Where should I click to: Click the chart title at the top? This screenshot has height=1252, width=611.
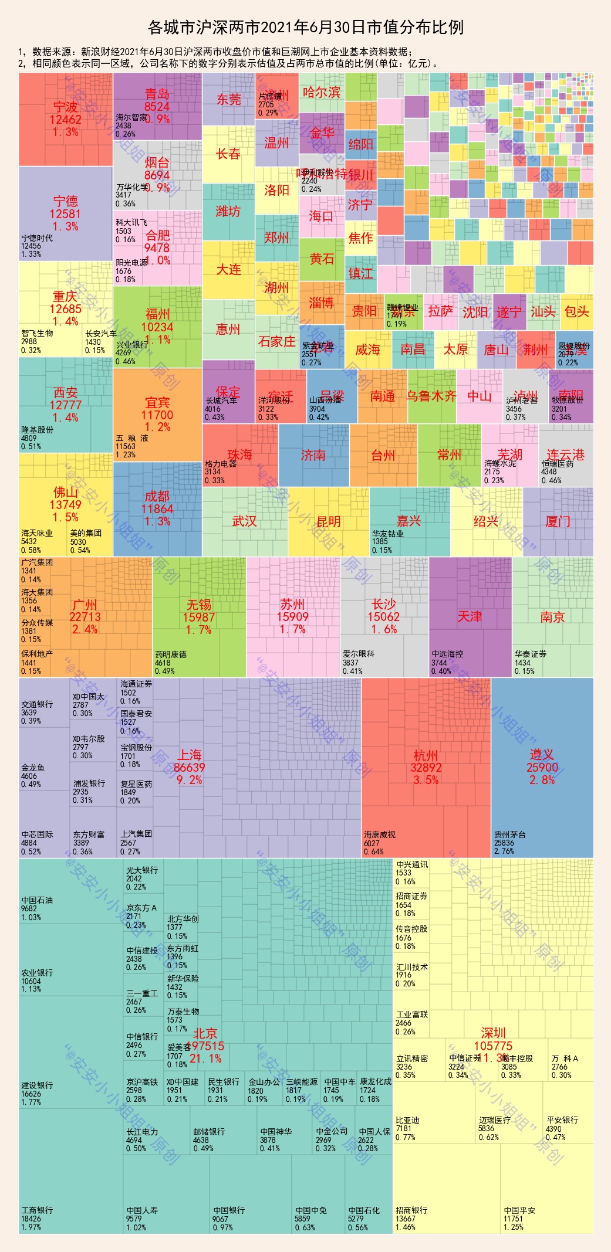pos(305,28)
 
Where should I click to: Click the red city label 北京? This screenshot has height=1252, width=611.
pos(205,1033)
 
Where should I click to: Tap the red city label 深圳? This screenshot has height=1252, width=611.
pos(493,1033)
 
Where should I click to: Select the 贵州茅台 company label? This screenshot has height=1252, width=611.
pos(509,834)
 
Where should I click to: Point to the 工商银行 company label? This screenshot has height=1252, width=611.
pos(37,1210)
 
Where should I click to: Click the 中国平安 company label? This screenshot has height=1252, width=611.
pos(519,1210)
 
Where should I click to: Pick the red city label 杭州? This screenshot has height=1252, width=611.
pos(426,755)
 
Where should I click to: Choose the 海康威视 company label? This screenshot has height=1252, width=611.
pos(379,834)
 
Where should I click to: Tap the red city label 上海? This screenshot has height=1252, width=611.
pos(190,755)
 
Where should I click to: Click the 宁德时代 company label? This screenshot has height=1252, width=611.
pos(37,238)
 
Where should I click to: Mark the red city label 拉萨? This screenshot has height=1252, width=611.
pos(441,311)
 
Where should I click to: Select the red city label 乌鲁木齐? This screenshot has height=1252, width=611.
pos(431,396)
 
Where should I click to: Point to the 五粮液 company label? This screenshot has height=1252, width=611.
pos(132,438)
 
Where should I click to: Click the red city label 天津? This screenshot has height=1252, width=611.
pos(470,616)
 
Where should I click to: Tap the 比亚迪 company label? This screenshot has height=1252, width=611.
pos(407,1120)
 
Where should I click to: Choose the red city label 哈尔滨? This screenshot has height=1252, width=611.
pos(322,92)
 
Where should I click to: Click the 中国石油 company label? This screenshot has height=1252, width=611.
pos(37,900)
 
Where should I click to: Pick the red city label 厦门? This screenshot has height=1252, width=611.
pos(558,521)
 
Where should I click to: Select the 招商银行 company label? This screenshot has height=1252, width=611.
pos(411,1210)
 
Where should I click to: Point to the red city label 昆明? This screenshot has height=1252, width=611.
pos(329,521)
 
